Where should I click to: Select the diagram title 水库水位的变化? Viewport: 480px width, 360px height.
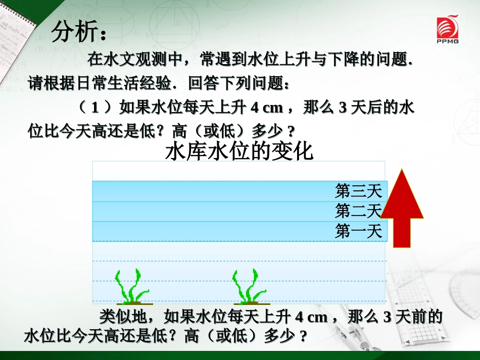coord(239,151)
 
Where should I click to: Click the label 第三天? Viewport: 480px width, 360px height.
coord(358,191)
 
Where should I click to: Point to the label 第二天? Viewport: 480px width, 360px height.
coord(358,211)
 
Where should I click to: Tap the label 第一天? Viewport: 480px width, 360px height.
coord(358,232)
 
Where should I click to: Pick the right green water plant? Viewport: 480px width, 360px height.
coord(248,286)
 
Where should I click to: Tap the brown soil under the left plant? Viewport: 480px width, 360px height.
coord(133,304)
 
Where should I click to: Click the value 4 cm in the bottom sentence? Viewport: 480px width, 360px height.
coord(312,317)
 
